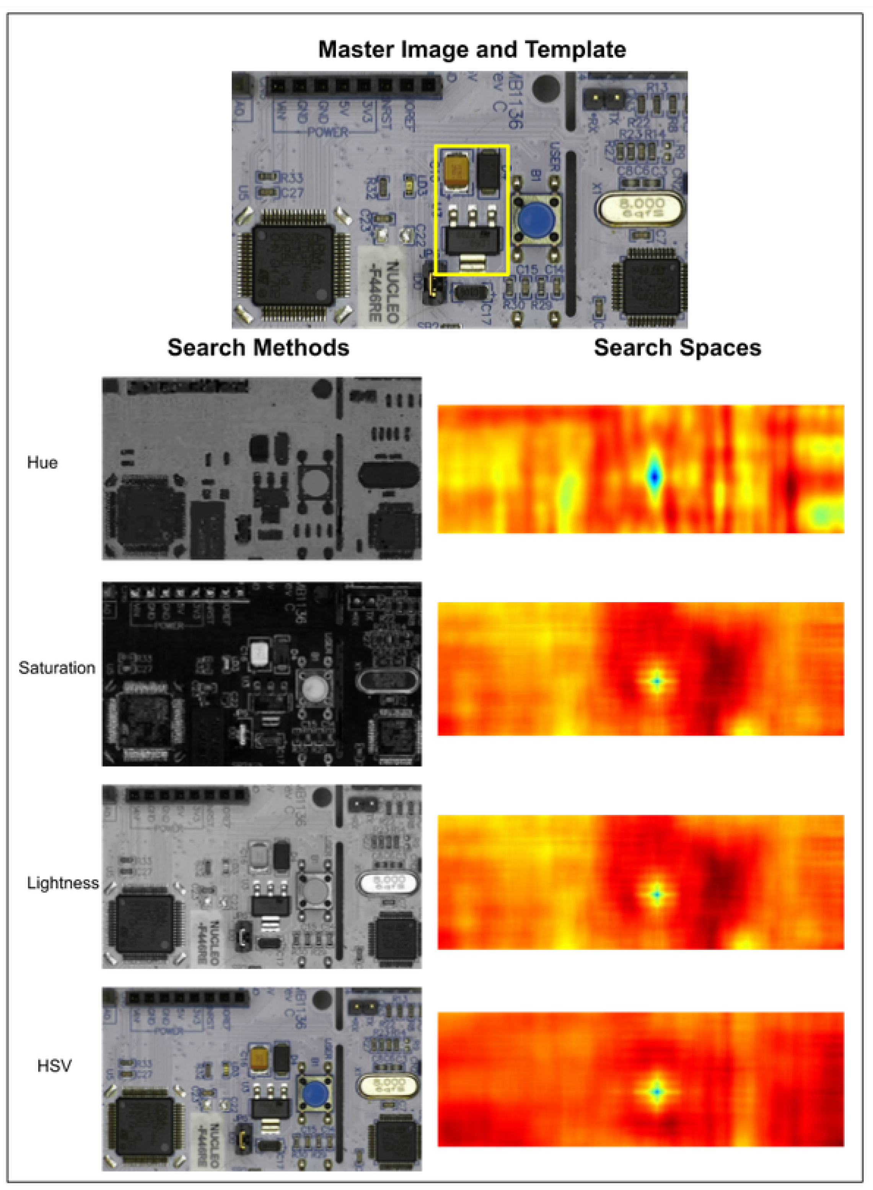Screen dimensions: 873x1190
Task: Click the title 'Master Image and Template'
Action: [472, 50]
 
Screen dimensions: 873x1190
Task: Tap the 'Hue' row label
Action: [42, 463]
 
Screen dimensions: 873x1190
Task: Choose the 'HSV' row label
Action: [54, 1065]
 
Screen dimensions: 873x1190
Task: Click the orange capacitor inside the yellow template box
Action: [456, 169]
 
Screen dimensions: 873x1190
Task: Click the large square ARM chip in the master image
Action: [294, 265]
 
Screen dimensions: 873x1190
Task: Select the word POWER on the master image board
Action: [327, 132]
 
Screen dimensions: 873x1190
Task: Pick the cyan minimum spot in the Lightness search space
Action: [656, 895]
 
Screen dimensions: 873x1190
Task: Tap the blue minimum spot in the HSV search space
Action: [656, 1091]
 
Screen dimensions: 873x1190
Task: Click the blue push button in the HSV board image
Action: [315, 1091]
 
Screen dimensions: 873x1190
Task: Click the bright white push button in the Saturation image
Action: [314, 688]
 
